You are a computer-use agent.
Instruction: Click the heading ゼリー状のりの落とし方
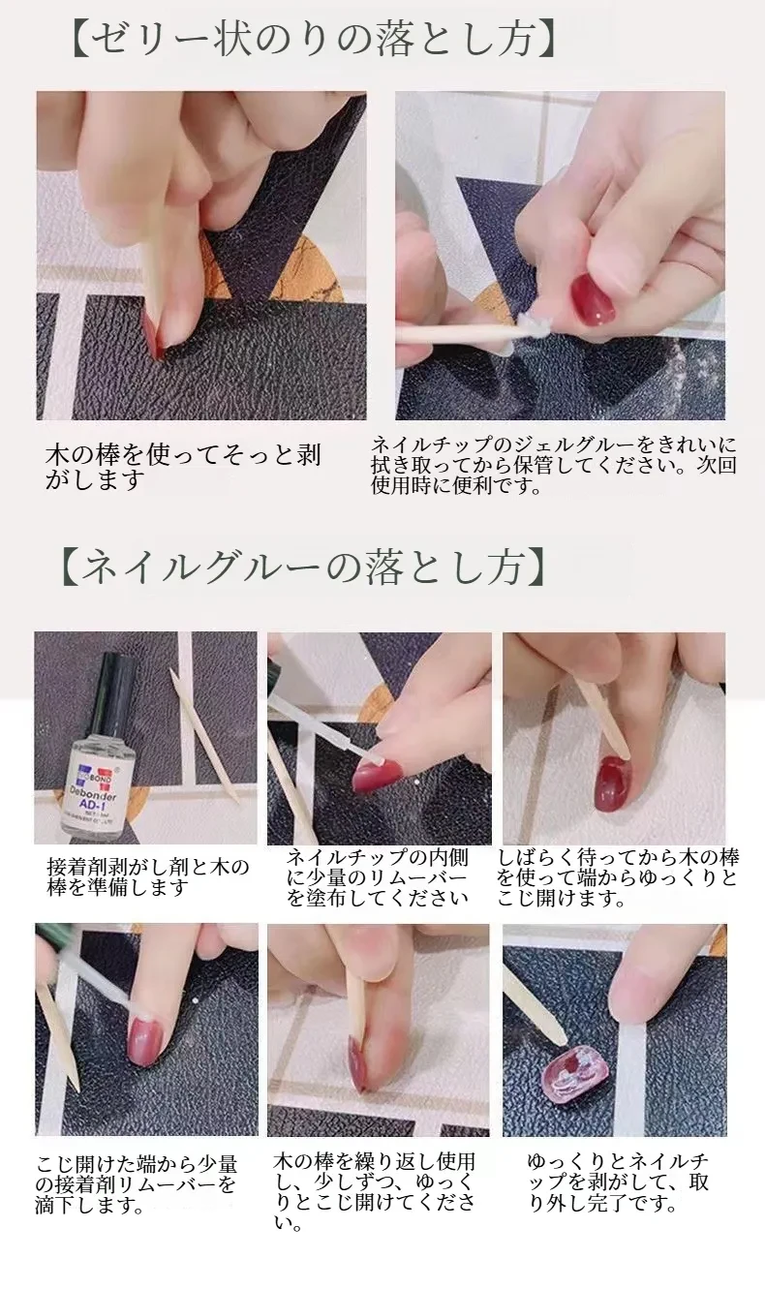click(314, 39)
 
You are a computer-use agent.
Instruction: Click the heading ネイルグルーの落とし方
click(302, 567)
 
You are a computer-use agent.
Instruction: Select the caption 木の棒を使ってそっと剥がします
click(183, 467)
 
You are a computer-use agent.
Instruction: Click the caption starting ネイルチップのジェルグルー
click(553, 466)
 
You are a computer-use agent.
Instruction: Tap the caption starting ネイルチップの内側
click(378, 877)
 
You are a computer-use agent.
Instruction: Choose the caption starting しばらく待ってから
click(618, 877)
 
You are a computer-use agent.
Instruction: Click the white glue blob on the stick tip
click(531, 327)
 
